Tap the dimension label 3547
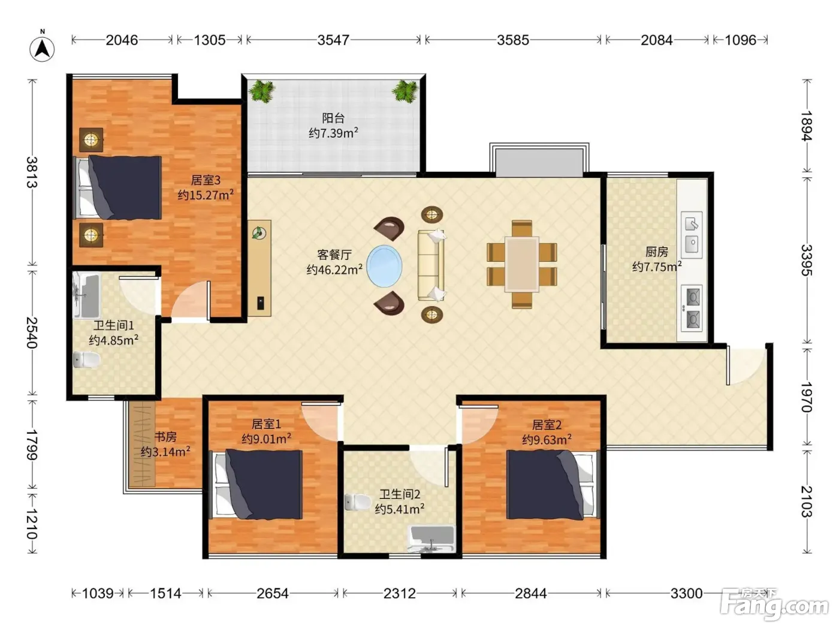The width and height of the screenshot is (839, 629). coord(333,40)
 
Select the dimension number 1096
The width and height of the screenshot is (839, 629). coord(740,40)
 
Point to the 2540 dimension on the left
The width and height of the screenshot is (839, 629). coord(32,332)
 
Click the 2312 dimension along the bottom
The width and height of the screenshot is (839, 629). coord(400,593)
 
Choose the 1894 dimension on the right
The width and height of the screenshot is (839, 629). coord(806,125)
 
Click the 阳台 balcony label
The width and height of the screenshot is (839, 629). coord(333,118)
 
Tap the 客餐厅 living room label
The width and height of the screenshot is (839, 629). coord(334,255)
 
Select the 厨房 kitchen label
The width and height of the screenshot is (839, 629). coord(657,252)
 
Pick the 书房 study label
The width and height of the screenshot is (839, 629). coord(165,437)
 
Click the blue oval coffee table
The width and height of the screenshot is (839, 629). coord(384,266)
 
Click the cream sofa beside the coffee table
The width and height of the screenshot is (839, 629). coord(431,265)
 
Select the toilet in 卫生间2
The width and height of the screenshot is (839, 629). coord(357,502)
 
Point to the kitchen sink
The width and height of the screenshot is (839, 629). coord(692,235)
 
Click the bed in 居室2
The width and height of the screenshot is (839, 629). coord(553,485)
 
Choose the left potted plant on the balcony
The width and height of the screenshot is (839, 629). coord(262,91)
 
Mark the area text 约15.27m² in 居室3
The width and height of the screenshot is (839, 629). coord(206,195)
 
